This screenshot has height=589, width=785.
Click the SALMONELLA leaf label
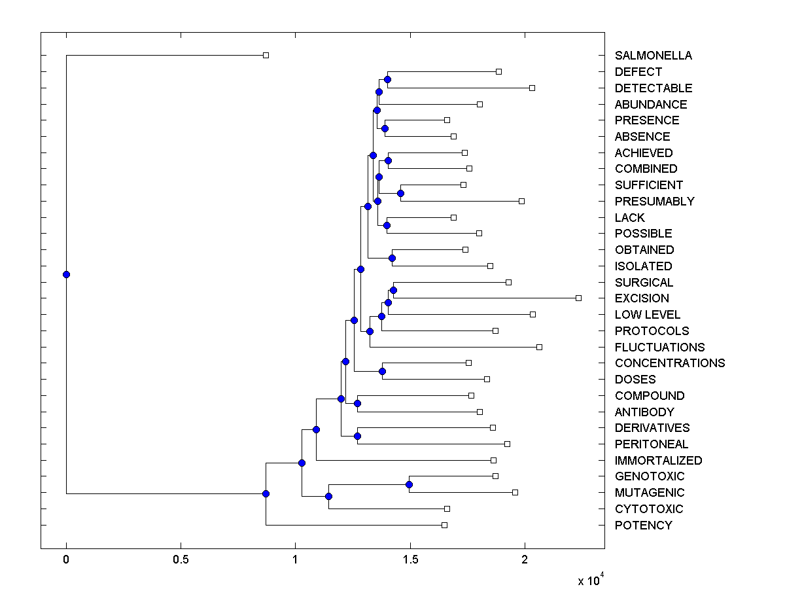tap(653, 56)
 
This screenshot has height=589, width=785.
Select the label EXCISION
tap(642, 298)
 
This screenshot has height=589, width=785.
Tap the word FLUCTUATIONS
tap(659, 347)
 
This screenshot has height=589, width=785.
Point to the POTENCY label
tap(643, 525)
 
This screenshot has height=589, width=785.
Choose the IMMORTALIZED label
tap(658, 460)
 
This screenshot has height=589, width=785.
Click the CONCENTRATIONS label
tap(670, 363)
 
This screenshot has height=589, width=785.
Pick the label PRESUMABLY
tap(654, 201)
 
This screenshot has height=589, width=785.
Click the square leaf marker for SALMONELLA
tap(266, 55)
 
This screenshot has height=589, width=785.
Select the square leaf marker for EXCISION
tap(578, 298)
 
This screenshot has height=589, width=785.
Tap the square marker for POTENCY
tap(444, 525)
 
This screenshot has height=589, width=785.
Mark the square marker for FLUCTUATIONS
tap(539, 347)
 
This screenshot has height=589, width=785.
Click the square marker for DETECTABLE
tap(532, 88)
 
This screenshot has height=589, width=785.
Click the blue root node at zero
tap(66, 274)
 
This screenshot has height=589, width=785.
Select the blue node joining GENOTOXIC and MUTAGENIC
tap(409, 484)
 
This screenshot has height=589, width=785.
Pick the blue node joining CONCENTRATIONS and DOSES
tap(382, 372)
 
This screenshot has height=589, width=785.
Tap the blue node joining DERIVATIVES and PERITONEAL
tap(357, 436)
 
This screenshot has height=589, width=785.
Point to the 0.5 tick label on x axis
tap(181, 560)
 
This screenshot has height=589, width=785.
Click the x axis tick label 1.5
tap(410, 560)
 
